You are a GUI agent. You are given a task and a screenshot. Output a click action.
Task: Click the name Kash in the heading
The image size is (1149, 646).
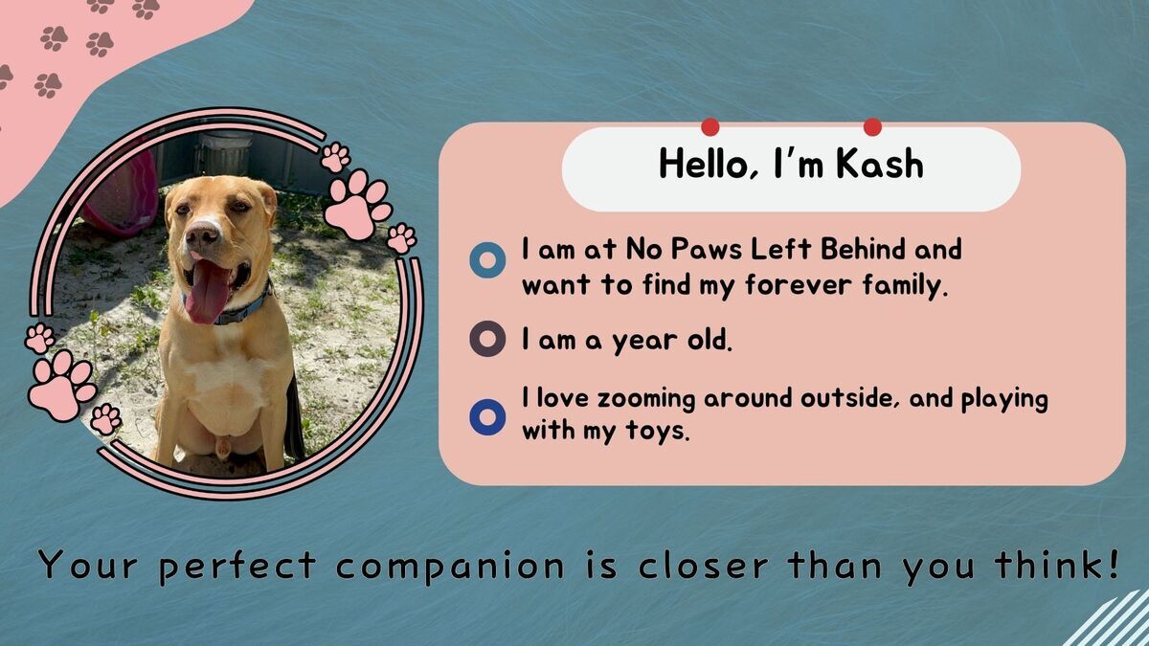[880, 164]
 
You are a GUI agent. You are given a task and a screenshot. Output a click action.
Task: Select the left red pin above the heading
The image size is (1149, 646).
[710, 126]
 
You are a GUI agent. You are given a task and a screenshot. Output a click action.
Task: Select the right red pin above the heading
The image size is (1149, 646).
[872, 126]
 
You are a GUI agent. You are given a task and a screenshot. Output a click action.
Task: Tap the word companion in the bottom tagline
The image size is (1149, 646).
[451, 567]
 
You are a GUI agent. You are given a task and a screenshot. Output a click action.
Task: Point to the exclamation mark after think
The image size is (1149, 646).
[1113, 563]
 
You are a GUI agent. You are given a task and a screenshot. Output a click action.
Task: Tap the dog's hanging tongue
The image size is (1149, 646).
[208, 291]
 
